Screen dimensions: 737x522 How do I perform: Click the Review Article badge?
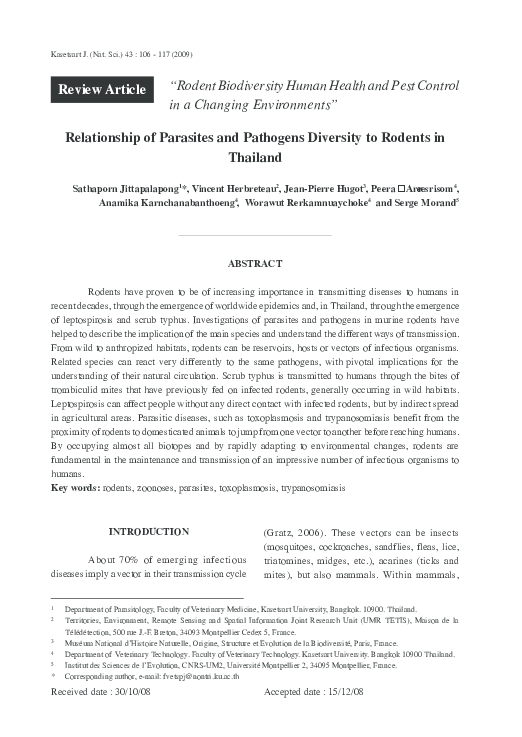click(102, 90)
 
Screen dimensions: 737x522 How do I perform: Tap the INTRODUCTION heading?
click(149, 532)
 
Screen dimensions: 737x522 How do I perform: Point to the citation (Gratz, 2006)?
click(298, 533)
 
